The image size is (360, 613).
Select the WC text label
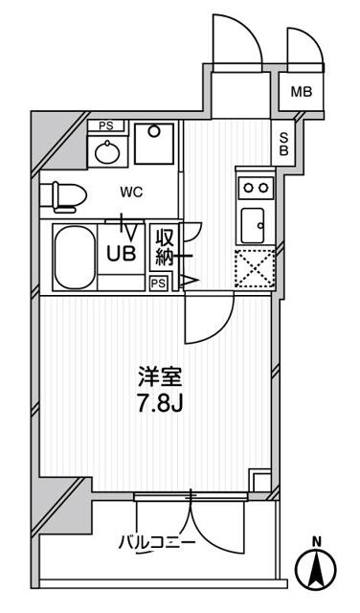click(132, 192)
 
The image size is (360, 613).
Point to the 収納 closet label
click(166, 247)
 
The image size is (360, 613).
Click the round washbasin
click(104, 150)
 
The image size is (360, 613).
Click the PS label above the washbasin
click(105, 125)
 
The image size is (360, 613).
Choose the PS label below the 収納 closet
click(159, 283)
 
